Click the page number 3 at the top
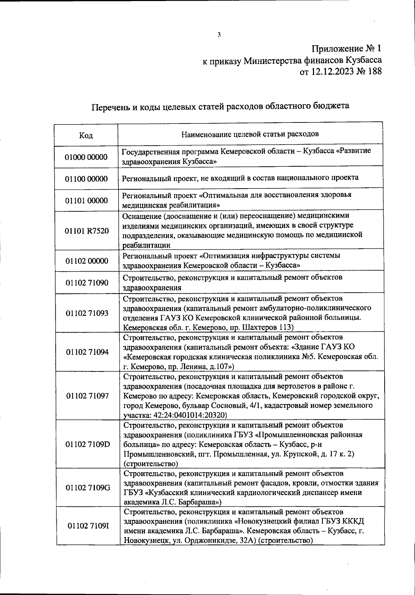[x=219, y=34]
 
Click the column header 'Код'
[x=86, y=135]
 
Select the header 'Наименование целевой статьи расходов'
[x=250, y=134]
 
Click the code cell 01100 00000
[x=86, y=179]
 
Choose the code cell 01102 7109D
[x=87, y=444]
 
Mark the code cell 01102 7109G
[x=88, y=488]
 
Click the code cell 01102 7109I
[x=88, y=526]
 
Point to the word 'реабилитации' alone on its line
[x=146, y=245]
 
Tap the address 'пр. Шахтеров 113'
[x=260, y=327]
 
